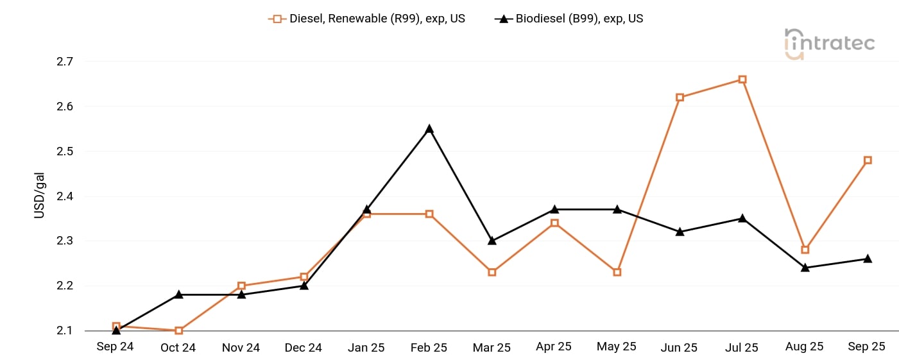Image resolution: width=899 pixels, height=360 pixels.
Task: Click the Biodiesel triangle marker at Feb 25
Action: (429, 129)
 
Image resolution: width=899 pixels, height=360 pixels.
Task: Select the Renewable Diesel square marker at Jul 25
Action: (742, 80)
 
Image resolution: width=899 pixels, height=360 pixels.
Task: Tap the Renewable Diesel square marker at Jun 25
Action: (680, 98)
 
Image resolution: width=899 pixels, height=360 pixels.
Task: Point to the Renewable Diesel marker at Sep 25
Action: (868, 160)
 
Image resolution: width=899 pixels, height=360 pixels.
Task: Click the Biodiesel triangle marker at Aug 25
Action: (805, 268)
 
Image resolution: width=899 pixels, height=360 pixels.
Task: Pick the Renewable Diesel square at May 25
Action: (617, 272)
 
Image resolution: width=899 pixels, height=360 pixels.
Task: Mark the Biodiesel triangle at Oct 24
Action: (179, 295)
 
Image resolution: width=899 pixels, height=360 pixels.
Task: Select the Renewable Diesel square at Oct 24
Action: (179, 330)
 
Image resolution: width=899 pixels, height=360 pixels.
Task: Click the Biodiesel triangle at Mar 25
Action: (492, 241)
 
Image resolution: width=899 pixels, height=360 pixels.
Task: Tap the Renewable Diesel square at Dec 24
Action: (304, 277)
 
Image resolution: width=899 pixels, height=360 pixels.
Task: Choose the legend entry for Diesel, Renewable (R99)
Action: (367, 19)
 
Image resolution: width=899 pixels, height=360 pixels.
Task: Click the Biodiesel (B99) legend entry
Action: (569, 19)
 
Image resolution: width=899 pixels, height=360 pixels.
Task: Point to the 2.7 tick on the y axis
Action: (65, 62)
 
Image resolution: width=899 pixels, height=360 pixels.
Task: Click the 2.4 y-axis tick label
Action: (65, 196)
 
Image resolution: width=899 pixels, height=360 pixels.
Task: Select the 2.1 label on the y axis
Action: (65, 330)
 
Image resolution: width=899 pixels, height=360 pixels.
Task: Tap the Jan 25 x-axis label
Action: (366, 348)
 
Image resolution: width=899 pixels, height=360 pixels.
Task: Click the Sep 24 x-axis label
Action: (116, 347)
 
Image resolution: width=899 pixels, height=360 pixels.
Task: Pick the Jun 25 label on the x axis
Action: (679, 348)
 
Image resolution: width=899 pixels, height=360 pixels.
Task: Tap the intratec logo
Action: (829, 44)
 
